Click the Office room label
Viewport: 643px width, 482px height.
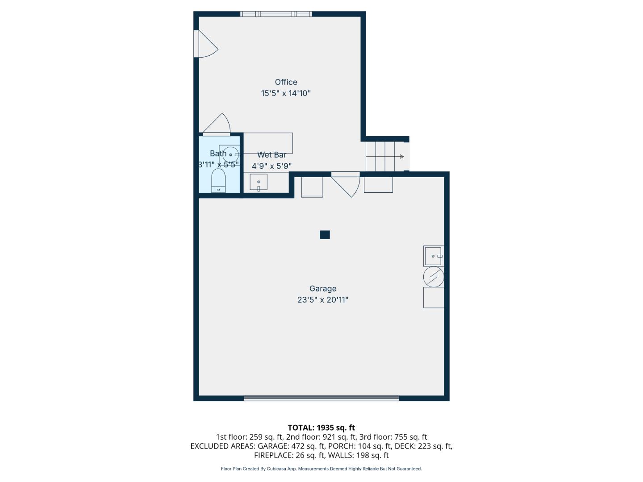pos(286,82)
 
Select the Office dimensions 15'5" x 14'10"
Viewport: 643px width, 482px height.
pos(286,93)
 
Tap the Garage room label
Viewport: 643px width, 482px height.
pos(323,289)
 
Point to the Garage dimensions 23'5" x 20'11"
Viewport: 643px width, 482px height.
pos(323,300)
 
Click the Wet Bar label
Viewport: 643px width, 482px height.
pos(271,155)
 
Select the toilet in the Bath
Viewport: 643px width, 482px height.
pos(218,181)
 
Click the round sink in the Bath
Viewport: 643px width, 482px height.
pos(231,154)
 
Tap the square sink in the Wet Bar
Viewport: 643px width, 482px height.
pos(259,182)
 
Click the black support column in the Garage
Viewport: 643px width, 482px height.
pos(325,235)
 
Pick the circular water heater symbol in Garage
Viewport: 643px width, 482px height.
pos(433,277)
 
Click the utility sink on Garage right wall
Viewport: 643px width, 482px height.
pos(433,256)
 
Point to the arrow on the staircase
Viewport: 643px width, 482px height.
pos(401,157)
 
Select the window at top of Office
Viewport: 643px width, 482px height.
pos(276,14)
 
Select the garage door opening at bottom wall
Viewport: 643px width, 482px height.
pos(321,398)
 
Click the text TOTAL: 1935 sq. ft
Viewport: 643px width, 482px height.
pos(321,428)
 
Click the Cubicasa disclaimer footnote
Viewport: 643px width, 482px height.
pos(321,469)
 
